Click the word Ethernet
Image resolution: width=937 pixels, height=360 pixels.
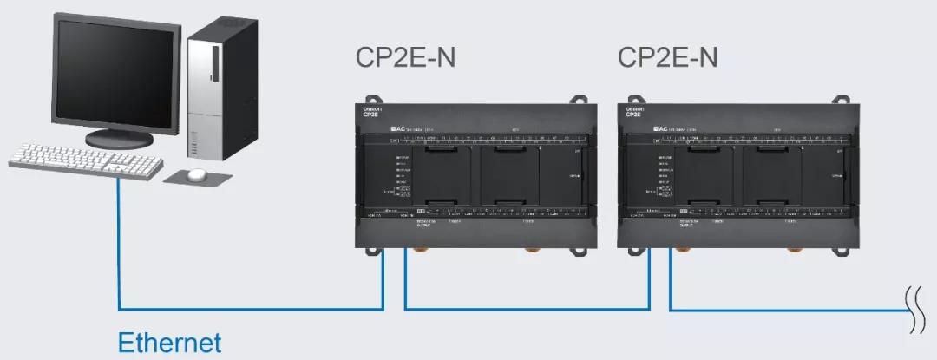(169, 341)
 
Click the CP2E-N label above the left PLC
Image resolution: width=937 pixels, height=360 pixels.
(405, 58)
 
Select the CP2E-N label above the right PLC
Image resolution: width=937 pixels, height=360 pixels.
(667, 58)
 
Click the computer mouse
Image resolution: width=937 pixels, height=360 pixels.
(197, 174)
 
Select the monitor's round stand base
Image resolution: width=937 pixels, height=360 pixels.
(120, 138)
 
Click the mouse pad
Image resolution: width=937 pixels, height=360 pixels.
(199, 178)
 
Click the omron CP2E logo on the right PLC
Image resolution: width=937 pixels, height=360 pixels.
(633, 111)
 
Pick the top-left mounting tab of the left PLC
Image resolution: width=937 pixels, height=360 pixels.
(372, 99)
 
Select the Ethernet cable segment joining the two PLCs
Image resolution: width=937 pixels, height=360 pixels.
(526, 308)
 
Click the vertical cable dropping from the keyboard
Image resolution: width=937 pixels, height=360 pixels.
(119, 243)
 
